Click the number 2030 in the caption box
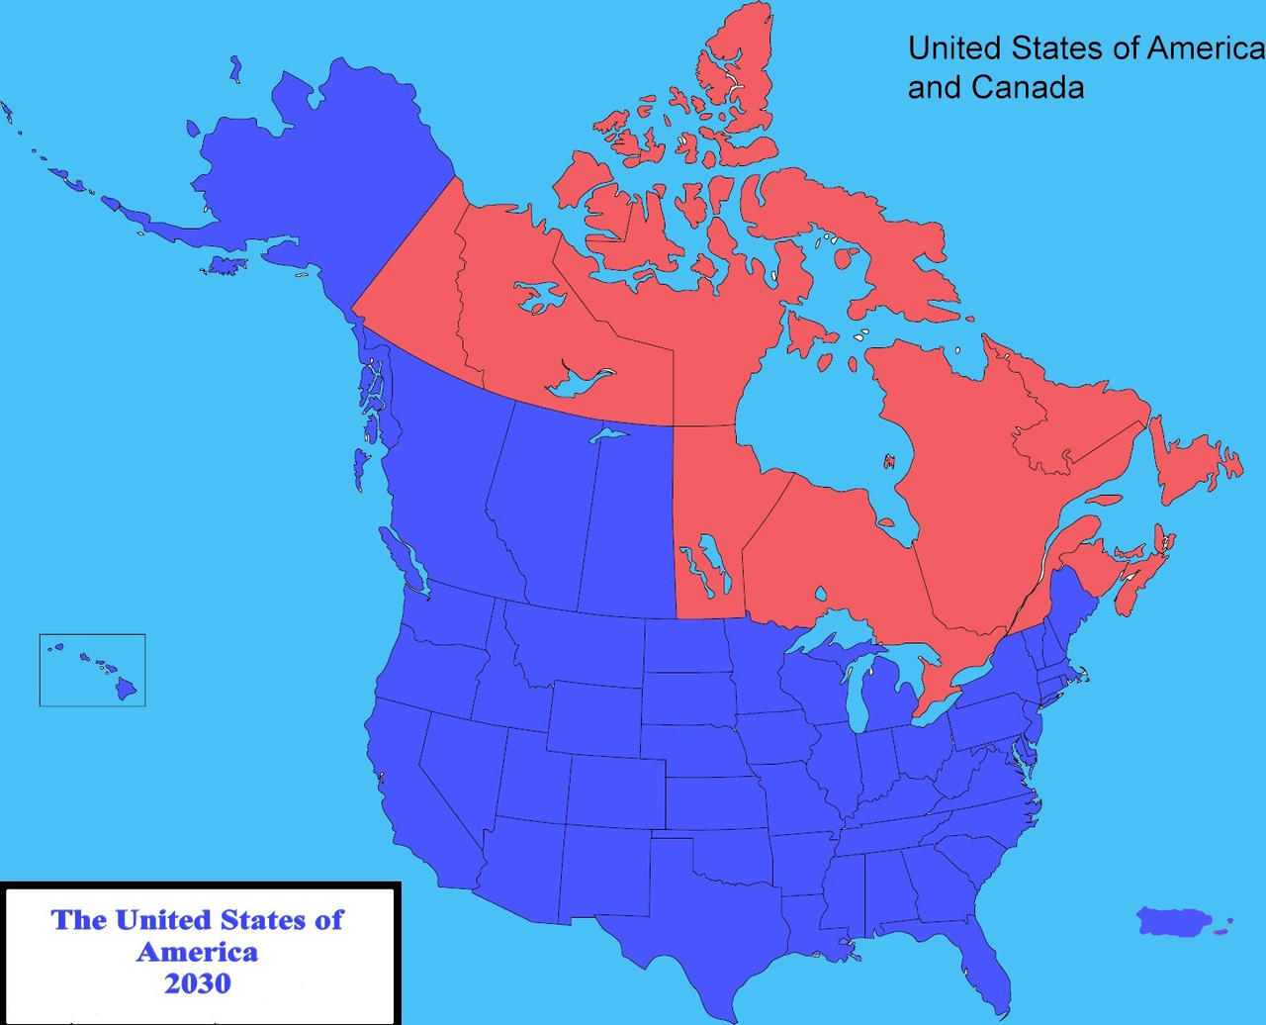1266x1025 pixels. pyautogui.click(x=198, y=983)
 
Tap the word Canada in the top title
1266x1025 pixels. pyautogui.click(x=1027, y=87)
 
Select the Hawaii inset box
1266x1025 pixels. pyautogui.click(x=92, y=670)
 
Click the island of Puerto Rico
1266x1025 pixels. pyautogui.click(x=1175, y=921)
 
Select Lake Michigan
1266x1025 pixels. pyautogui.click(x=859, y=693)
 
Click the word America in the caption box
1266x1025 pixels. pyautogui.click(x=198, y=952)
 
